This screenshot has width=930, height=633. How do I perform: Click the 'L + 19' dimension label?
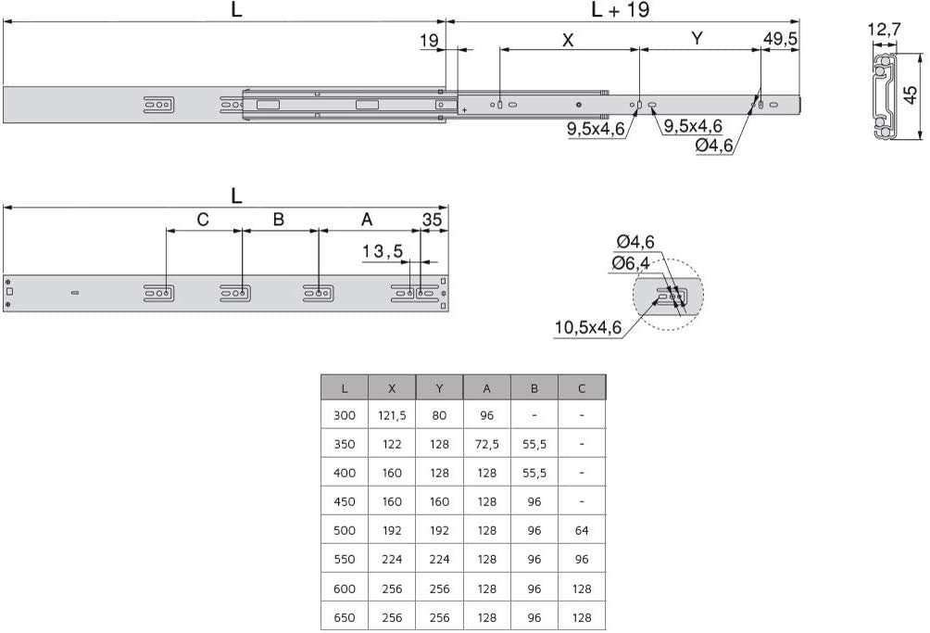coord(620,9)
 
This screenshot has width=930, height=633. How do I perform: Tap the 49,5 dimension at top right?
coord(780,39)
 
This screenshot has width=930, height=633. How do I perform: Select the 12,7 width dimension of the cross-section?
coord(884,29)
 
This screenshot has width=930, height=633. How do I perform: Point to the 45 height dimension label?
coord(911,95)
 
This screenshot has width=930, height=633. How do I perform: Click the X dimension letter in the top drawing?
coord(568,41)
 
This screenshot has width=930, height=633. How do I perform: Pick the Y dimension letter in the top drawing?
coord(697,39)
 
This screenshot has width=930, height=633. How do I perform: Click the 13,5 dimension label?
coord(383,251)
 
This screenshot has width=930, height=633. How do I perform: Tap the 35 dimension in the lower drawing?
coord(432,220)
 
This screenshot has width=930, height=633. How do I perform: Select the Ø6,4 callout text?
coord(631,263)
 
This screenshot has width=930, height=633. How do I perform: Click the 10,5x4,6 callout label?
coord(588,327)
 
